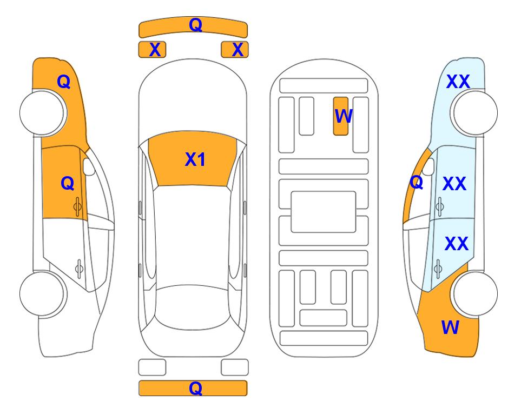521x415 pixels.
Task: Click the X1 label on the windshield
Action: pyautogui.click(x=195, y=159)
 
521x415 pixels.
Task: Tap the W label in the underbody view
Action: pyautogui.click(x=343, y=116)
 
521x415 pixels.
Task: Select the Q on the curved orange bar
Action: pyautogui.click(x=195, y=24)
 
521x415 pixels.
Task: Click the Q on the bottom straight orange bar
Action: pyautogui.click(x=195, y=388)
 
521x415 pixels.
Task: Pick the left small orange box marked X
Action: pyautogui.click(x=152, y=50)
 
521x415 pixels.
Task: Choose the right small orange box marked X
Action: pyautogui.click(x=235, y=50)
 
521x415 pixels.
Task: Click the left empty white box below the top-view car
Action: pyautogui.click(x=152, y=367)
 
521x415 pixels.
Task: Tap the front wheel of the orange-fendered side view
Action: pyautogui.click(x=42, y=113)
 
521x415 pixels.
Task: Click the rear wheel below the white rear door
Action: pyautogui.click(x=42, y=293)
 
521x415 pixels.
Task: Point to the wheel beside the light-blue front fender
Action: pyautogui.click(x=475, y=113)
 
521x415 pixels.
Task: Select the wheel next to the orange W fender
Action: pyautogui.click(x=475, y=293)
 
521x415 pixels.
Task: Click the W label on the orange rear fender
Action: pyautogui.click(x=450, y=327)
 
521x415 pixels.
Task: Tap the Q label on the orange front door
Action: pyautogui.click(x=68, y=183)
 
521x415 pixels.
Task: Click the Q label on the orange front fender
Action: pyautogui.click(x=64, y=82)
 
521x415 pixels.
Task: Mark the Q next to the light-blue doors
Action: pyautogui.click(x=417, y=182)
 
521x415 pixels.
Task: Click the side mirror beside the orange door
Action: pyautogui.click(x=89, y=166)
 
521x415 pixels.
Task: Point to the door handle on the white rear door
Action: pyautogui.click(x=79, y=269)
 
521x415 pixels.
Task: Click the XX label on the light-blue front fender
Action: pyautogui.click(x=458, y=82)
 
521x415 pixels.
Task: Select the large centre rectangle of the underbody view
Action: pyautogui.click(x=324, y=212)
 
